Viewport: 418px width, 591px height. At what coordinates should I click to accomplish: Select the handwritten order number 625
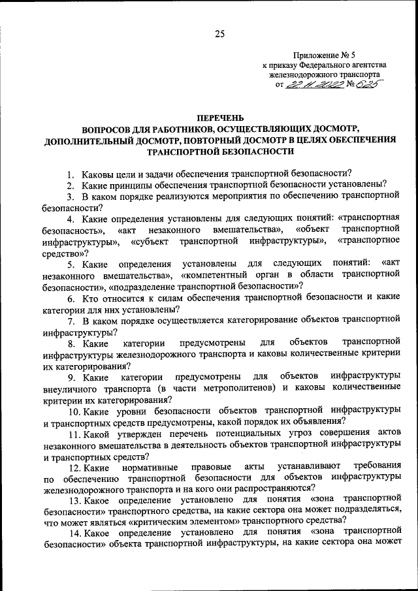pos(366,84)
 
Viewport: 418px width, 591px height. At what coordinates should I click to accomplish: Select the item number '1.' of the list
pos(71,173)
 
